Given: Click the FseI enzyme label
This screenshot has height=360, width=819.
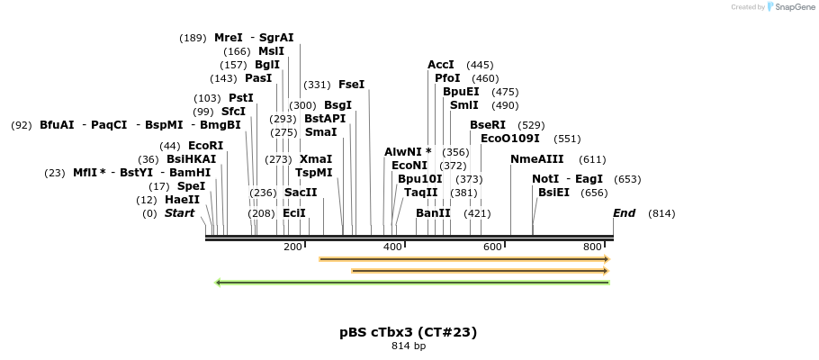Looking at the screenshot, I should pyautogui.click(x=351, y=85).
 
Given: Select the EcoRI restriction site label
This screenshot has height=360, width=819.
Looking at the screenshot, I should pyautogui.click(x=205, y=146).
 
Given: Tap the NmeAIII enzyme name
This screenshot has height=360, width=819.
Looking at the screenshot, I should pyautogui.click(x=536, y=159).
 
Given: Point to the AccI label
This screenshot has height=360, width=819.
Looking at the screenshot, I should pyautogui.click(x=441, y=65).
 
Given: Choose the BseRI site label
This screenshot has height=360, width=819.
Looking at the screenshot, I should pyautogui.click(x=488, y=125).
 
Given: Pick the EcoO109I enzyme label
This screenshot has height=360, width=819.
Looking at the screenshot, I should pyautogui.click(x=510, y=139).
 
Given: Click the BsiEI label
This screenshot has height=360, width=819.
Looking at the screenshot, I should pyautogui.click(x=553, y=193).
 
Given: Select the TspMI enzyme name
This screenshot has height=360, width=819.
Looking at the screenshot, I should pyautogui.click(x=313, y=173).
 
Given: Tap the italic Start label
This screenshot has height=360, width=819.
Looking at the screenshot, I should pyautogui.click(x=179, y=213).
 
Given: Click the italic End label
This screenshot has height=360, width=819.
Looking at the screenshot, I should pyautogui.click(x=624, y=213).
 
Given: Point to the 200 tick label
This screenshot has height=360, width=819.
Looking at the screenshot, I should pyautogui.click(x=293, y=247).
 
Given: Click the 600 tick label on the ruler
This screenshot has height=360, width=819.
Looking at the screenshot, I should pyautogui.click(x=492, y=247).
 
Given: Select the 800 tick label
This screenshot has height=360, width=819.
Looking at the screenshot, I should pyautogui.click(x=592, y=247).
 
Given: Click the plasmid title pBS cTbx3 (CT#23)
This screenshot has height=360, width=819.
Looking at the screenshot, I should pyautogui.click(x=409, y=332).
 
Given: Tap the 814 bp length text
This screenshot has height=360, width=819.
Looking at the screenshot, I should pyautogui.click(x=409, y=346).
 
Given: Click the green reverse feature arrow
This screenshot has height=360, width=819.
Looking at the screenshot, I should pyautogui.click(x=412, y=283).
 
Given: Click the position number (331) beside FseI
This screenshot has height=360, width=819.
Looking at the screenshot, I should pyautogui.click(x=317, y=85).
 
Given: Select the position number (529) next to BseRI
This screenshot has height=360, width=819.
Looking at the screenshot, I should pyautogui.click(x=532, y=125).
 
